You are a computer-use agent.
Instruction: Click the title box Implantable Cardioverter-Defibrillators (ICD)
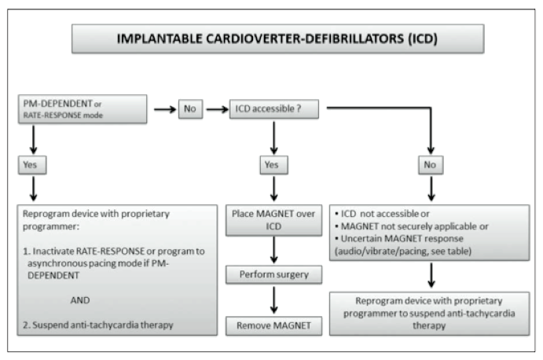[x=277, y=39]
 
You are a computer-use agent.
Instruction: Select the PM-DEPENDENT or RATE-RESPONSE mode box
[x=83, y=109]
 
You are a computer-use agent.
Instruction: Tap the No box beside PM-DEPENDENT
[x=190, y=109]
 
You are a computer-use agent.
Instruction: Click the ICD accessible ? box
[x=274, y=109]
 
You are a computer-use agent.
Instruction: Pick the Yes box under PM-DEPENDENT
[x=32, y=165]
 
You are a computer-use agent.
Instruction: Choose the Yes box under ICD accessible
[x=274, y=165]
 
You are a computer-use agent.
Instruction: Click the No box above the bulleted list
[x=431, y=165]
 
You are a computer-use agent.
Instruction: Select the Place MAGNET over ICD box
[x=274, y=220]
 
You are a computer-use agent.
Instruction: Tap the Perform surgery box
[x=274, y=275]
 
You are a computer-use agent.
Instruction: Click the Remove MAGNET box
[x=274, y=325]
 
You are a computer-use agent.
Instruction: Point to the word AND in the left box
[x=80, y=300]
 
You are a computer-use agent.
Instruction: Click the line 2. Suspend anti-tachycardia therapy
[x=98, y=325]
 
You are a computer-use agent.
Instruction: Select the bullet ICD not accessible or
[x=382, y=214]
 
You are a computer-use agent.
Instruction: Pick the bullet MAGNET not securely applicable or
[x=412, y=226]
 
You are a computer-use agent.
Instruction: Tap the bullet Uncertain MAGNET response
[x=399, y=239]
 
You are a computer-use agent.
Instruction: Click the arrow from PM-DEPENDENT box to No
[x=165, y=109]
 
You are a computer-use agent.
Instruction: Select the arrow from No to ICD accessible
[x=217, y=109]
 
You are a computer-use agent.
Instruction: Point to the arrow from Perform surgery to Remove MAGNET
[x=274, y=300]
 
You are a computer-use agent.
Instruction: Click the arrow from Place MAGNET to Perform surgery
[x=274, y=250]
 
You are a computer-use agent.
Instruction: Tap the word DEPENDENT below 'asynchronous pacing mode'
[x=53, y=276]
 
